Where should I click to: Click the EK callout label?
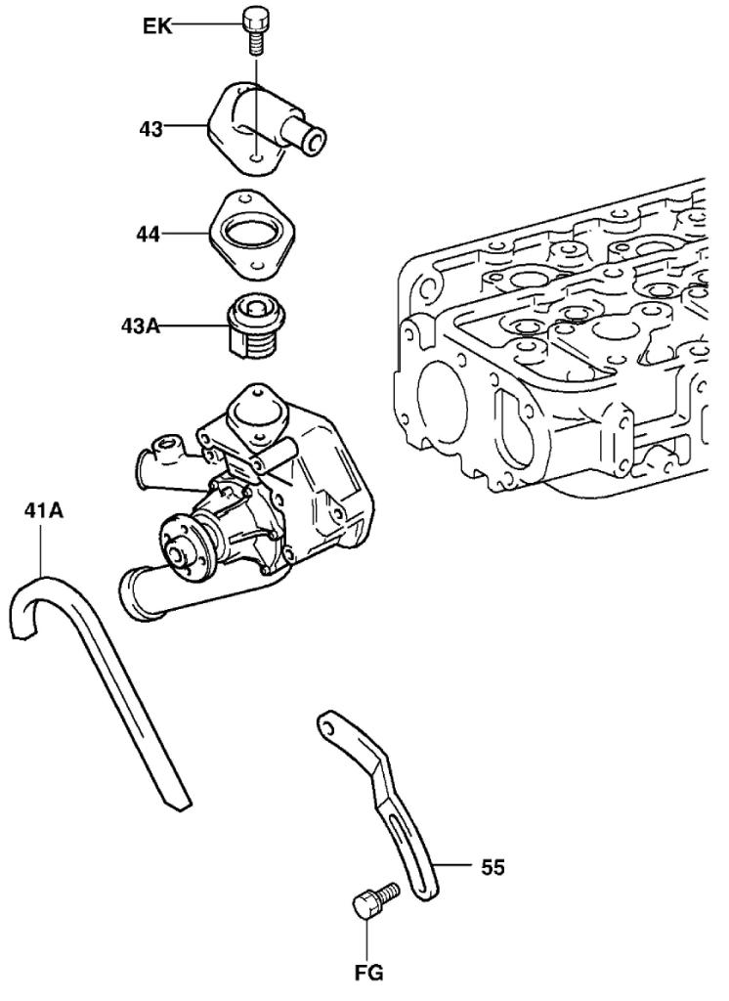156,25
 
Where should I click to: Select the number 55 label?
493,866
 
